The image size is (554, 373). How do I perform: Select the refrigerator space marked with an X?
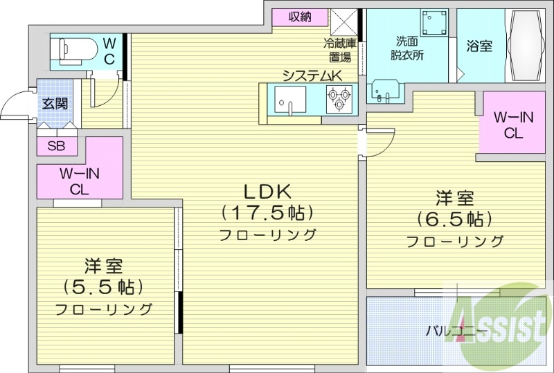[x=343, y=21]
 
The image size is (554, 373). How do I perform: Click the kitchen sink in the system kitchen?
[x=289, y=99]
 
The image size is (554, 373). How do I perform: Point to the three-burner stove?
[x=340, y=98]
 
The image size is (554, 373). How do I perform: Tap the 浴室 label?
[x=479, y=47]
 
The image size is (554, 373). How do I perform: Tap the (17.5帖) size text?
[x=267, y=212]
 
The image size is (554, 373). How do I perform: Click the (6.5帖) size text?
[x=454, y=219]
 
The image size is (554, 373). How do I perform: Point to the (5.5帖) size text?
[x=103, y=286]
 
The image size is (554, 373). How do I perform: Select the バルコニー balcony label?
[x=456, y=331]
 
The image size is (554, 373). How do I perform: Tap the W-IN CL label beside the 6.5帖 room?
[x=512, y=125]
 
